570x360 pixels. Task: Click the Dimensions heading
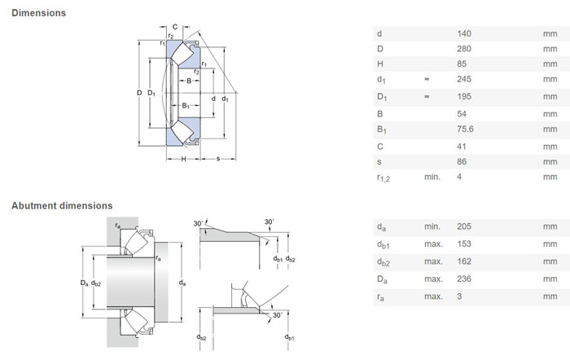(x=38, y=13)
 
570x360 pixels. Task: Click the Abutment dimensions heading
(x=62, y=206)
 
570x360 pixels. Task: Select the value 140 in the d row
(x=464, y=34)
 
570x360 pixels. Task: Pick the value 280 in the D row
(x=464, y=49)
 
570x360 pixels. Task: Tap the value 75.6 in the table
(x=465, y=129)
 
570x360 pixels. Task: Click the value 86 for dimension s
(x=462, y=162)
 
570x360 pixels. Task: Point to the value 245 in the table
(x=464, y=79)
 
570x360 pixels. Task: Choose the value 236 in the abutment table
(x=464, y=279)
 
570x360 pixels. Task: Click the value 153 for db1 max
(x=464, y=244)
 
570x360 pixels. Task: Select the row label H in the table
(x=380, y=64)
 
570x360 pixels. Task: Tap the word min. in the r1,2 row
(x=432, y=177)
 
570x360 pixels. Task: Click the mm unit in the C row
(x=550, y=147)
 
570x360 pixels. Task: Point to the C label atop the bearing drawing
(x=175, y=27)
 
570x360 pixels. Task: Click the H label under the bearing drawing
(x=183, y=159)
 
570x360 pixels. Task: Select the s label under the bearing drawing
(x=218, y=159)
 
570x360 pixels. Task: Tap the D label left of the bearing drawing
(x=139, y=93)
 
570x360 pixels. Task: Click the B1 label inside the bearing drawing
(x=186, y=106)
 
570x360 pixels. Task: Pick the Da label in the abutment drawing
(x=85, y=283)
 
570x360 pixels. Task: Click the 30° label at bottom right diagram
(x=278, y=315)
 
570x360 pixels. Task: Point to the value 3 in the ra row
(x=459, y=296)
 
